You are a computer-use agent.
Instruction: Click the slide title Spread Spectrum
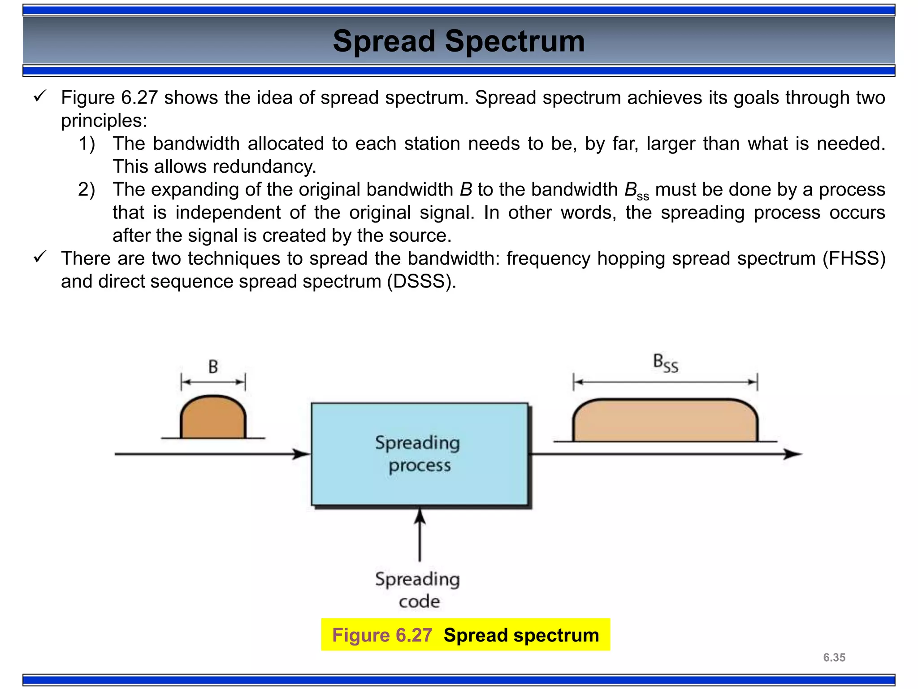[x=459, y=41]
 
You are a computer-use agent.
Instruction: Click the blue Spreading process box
[x=419, y=454]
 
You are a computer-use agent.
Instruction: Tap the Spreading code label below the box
[x=418, y=589]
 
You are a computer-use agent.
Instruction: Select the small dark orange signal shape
[x=213, y=419]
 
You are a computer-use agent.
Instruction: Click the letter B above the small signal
[x=213, y=367]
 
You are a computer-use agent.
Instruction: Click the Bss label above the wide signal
[x=665, y=363]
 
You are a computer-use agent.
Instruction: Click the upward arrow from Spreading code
[x=420, y=534]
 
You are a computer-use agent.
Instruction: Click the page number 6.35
[x=834, y=658]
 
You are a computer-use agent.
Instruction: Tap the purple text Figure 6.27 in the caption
[x=382, y=635]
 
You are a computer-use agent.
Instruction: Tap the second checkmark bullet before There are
[x=40, y=257]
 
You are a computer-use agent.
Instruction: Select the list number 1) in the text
[x=87, y=144]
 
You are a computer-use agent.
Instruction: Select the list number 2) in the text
[x=87, y=190]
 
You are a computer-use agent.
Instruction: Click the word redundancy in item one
[x=264, y=167]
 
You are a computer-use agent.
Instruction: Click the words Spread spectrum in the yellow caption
[x=521, y=635]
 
